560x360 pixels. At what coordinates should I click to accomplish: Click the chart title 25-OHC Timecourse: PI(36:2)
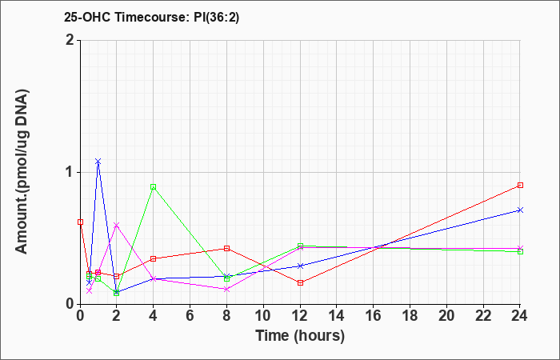[x=151, y=17]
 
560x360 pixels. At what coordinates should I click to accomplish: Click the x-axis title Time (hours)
[x=300, y=336]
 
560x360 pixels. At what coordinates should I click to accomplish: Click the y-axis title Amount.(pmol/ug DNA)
[x=22, y=171]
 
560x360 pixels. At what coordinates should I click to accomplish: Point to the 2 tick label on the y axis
[x=70, y=40]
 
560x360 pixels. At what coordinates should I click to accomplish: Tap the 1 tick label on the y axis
[x=70, y=172]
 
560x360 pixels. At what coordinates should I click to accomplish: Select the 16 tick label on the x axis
[x=374, y=316]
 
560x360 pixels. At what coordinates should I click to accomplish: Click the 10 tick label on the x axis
[x=263, y=316]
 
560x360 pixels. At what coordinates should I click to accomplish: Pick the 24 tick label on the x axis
[x=520, y=316]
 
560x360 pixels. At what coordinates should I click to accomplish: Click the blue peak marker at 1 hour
[x=98, y=162]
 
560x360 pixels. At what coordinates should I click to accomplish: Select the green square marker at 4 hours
[x=154, y=186]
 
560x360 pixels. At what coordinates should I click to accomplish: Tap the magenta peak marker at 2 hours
[x=117, y=225]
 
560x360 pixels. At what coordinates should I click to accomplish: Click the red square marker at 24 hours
[x=520, y=185]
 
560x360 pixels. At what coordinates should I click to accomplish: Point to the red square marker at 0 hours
[x=80, y=222]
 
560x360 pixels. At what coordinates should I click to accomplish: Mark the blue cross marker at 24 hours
[x=520, y=210]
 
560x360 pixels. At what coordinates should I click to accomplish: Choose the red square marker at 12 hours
[x=300, y=282]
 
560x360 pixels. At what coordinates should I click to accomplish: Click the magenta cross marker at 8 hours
[x=226, y=290]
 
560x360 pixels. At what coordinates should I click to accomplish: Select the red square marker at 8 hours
[x=226, y=248]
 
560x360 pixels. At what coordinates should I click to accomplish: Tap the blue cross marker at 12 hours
[x=300, y=266]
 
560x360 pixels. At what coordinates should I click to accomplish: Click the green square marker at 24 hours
[x=520, y=252]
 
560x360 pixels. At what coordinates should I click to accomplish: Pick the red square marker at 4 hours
[x=154, y=258]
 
